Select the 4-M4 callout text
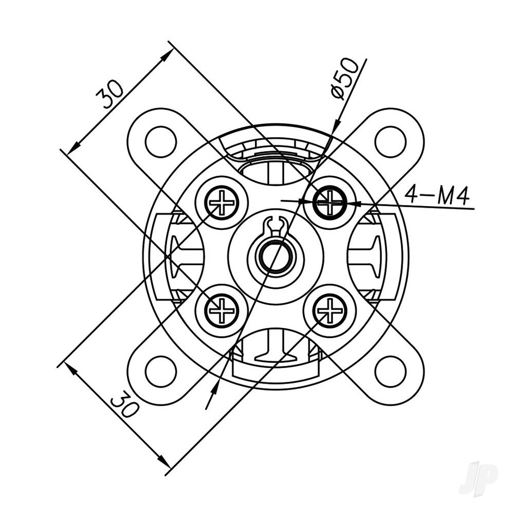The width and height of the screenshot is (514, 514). pos(437,195)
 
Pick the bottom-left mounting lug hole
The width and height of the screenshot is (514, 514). pos(161,372)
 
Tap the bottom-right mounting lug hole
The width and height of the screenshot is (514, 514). pos(391,372)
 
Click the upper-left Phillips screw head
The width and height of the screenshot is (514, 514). pos(222,203)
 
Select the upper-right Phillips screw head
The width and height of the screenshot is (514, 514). pos(329,203)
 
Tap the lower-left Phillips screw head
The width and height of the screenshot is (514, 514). pos(222,310)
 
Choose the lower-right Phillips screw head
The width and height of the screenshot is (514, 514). pos(329,310)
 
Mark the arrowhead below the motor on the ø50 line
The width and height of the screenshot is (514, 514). pos(211,396)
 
